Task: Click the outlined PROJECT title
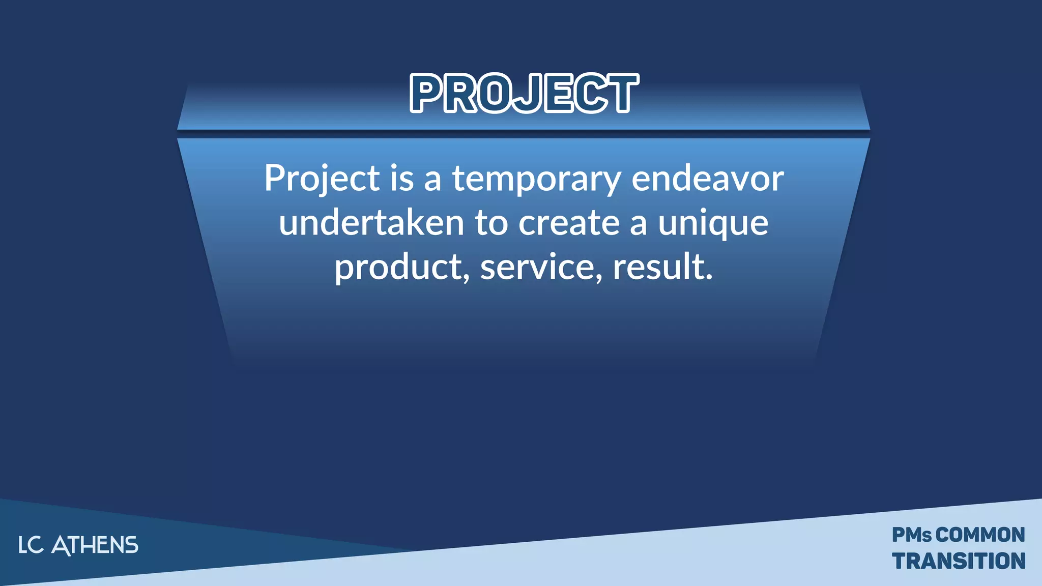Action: point(524,93)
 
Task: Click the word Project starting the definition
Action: point(322,179)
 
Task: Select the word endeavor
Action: point(707,179)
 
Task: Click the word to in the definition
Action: point(491,223)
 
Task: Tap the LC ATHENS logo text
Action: point(78,545)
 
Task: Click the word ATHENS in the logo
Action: point(95,545)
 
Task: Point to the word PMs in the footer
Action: point(912,535)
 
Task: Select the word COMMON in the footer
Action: point(980,535)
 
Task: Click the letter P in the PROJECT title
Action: point(427,93)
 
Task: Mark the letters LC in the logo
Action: point(31,545)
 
